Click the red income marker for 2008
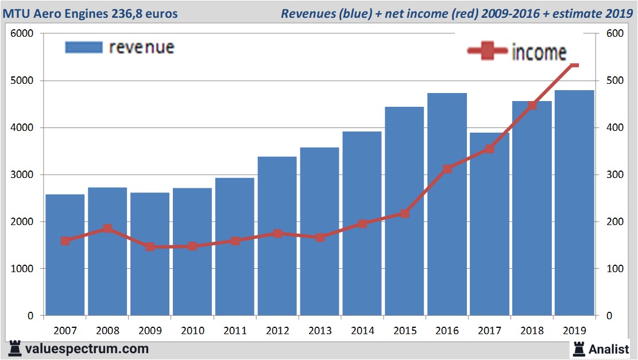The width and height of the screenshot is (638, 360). click(107, 229)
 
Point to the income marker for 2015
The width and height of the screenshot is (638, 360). click(405, 214)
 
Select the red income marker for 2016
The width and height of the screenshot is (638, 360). click(447, 169)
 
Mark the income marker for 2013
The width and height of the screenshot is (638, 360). click(320, 237)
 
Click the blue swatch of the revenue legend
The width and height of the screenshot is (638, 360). click(84, 47)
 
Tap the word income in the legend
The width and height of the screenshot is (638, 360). click(539, 52)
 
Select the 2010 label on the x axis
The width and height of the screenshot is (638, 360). click(192, 331)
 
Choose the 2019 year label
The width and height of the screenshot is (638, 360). click(575, 331)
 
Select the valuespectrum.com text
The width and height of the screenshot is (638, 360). click(87, 349)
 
